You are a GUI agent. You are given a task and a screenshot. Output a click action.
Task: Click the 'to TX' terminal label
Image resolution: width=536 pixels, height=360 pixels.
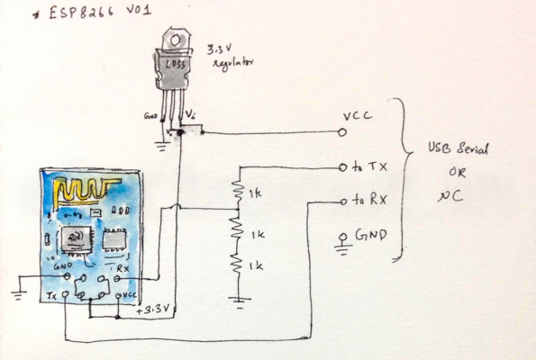coord(369,167)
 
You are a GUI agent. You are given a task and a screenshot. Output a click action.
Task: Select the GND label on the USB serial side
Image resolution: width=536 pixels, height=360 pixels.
coord(371,237)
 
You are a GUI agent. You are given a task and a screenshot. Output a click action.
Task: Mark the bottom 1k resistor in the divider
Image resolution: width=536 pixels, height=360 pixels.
coord(238,265)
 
